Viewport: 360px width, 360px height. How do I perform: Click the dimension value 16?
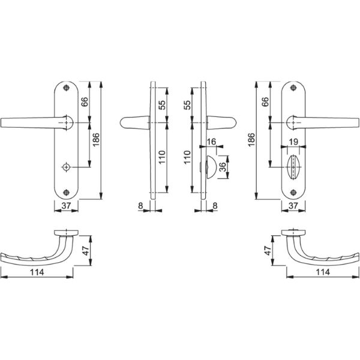[211, 142]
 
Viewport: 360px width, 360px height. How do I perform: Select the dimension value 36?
[223, 167]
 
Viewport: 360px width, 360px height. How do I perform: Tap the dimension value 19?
[293, 142]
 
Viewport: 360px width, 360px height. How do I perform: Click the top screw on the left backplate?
[67, 88]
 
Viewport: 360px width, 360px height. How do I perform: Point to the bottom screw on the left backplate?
[67, 193]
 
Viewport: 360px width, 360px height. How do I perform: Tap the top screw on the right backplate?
[293, 88]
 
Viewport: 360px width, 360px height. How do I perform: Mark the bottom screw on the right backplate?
[293, 193]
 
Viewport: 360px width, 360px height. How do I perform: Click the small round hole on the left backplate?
[67, 167]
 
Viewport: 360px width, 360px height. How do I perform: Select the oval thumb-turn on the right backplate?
[293, 167]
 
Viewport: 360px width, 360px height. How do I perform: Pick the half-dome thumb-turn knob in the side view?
[211, 167]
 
